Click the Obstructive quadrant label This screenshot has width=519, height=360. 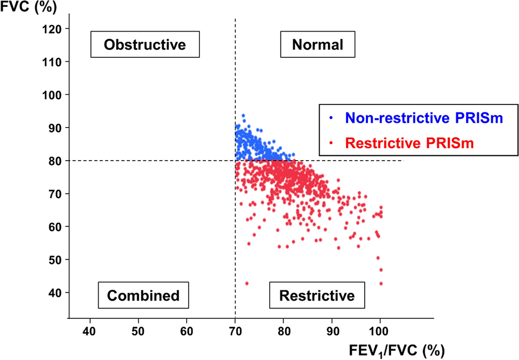[x=145, y=44]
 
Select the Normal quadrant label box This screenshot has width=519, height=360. [x=317, y=44]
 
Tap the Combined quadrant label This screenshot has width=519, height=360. [x=143, y=295]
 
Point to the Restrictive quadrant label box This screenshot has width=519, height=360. [x=317, y=295]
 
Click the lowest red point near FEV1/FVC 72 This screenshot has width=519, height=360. [x=247, y=283]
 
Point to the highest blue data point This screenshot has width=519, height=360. [x=243, y=115]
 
